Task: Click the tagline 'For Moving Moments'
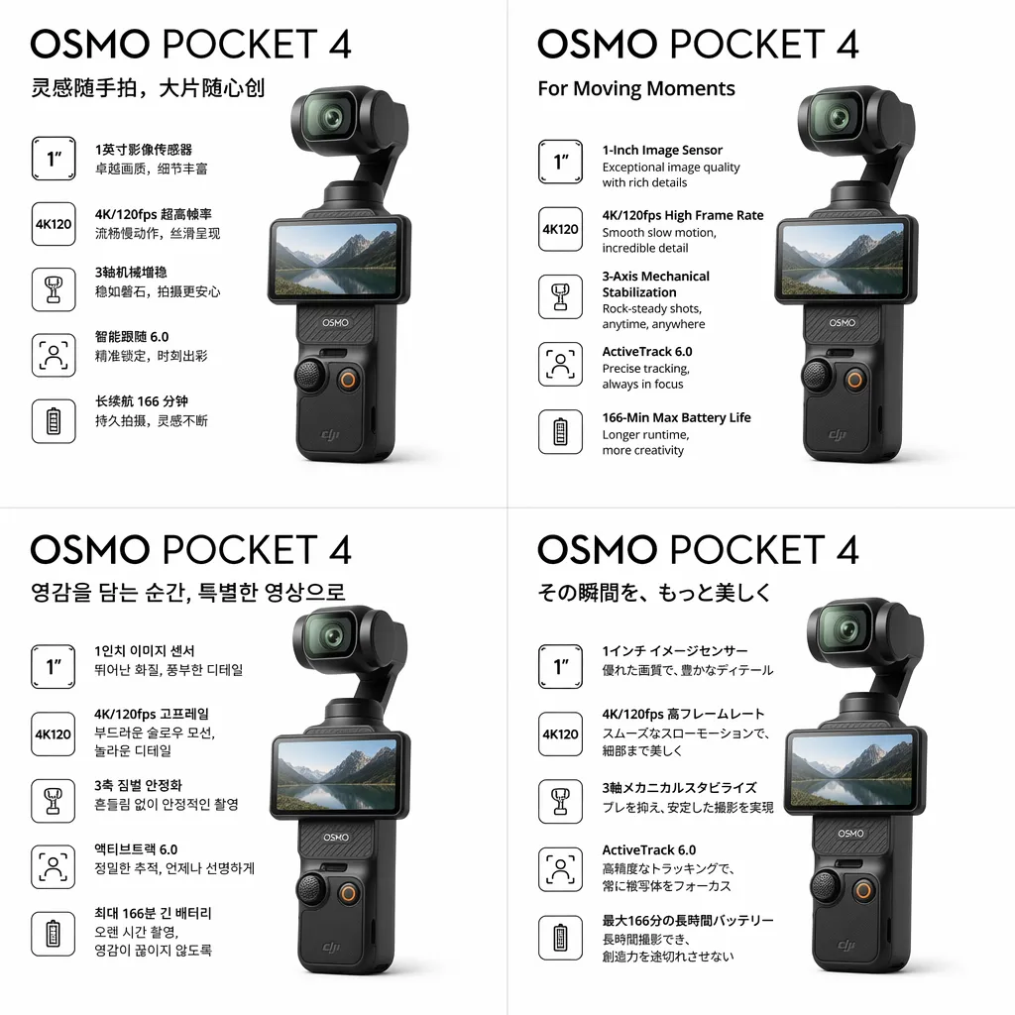click(636, 88)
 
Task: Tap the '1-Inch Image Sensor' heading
click(662, 151)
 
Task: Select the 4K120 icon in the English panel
click(561, 229)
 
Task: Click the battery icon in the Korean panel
click(54, 934)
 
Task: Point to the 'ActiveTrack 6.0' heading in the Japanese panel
click(648, 849)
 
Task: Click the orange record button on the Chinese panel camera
click(348, 380)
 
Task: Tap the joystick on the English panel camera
click(817, 375)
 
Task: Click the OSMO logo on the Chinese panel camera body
click(335, 322)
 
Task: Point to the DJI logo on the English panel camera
click(838, 434)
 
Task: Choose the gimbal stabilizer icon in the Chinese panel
click(54, 289)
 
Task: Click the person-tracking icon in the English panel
click(561, 364)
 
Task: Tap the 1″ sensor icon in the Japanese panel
click(561, 666)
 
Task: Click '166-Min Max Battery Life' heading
click(676, 417)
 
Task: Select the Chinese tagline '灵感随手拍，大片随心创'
click(149, 88)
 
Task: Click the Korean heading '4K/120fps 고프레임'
click(152, 714)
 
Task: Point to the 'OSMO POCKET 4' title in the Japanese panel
click(698, 550)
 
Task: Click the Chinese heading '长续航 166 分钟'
click(141, 401)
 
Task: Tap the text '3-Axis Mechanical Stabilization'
click(656, 284)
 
